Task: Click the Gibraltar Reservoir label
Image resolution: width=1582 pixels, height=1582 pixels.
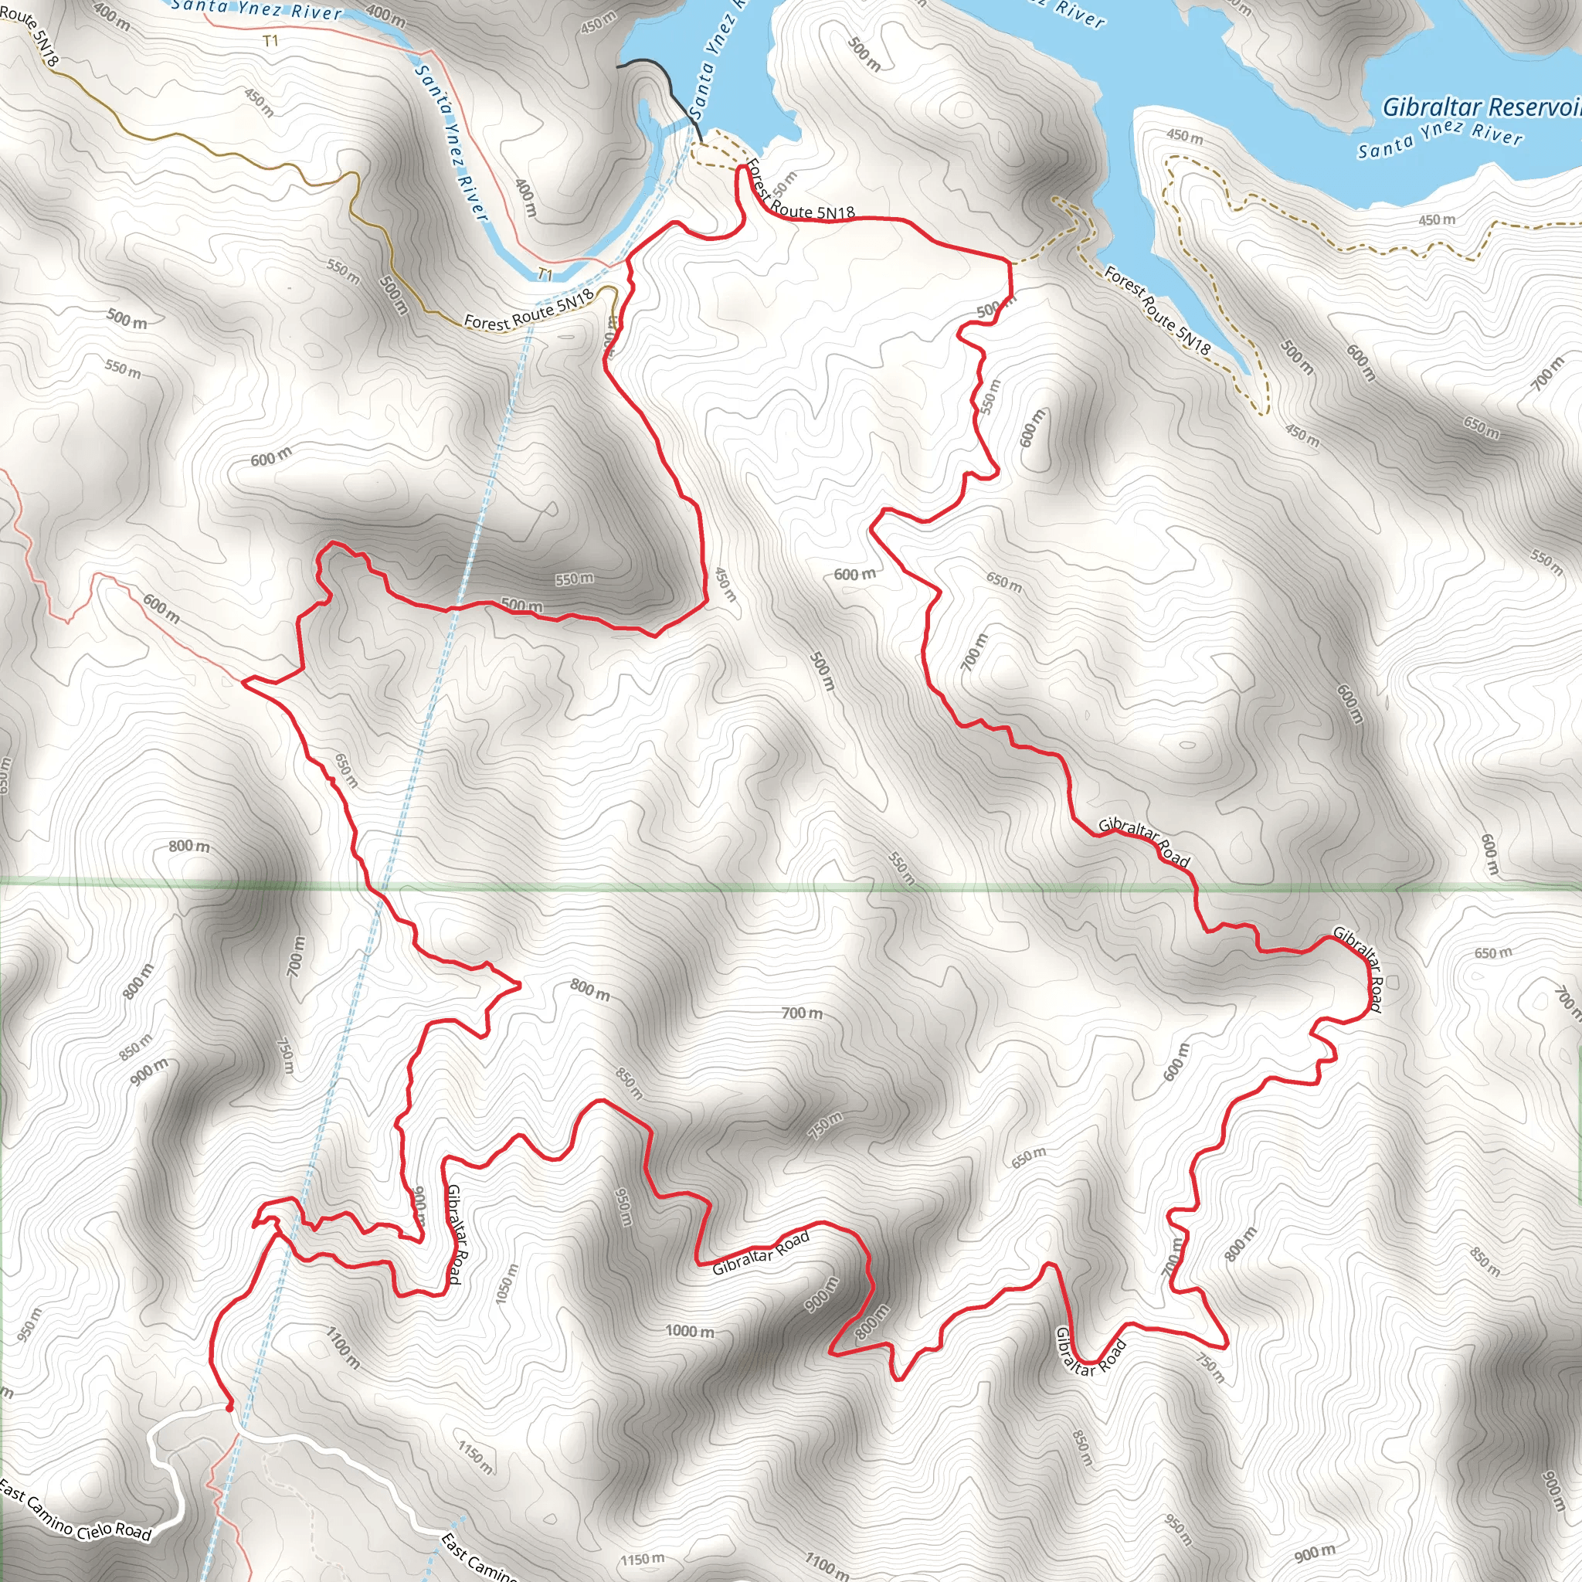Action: click(x=1481, y=107)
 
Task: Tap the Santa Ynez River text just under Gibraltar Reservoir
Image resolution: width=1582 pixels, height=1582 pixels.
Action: click(x=1440, y=139)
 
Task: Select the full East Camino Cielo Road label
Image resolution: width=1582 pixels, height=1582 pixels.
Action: click(x=76, y=1510)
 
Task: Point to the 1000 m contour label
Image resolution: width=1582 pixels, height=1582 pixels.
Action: click(x=690, y=1332)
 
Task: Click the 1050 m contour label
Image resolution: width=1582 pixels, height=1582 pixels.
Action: click(x=507, y=1284)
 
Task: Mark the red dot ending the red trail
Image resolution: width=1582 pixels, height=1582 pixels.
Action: click(x=229, y=1407)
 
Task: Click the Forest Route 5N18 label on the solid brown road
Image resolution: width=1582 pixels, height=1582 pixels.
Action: click(x=528, y=311)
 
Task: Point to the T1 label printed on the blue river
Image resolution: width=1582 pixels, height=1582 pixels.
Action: click(x=545, y=274)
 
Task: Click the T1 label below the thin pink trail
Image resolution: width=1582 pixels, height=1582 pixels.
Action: click(x=270, y=41)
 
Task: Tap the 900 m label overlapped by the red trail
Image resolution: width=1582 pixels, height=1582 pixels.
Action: click(x=419, y=1206)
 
